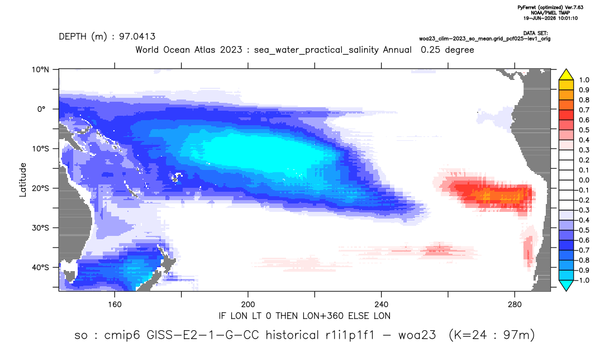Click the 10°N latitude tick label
pyautogui.click(x=40, y=70)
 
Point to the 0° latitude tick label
pyautogui.click(x=41, y=109)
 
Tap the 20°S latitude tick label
pyautogui.click(x=40, y=188)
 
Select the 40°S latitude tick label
pyautogui.click(x=40, y=267)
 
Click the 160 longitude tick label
pyautogui.click(x=115, y=305)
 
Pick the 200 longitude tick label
pyautogui.click(x=248, y=305)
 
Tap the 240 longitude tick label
pyautogui.click(x=381, y=305)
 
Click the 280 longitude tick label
pyautogui.click(x=515, y=305)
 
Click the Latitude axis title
pyautogui.click(x=23, y=180)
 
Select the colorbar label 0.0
pyautogui.click(x=584, y=181)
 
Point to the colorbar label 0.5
pyautogui.click(x=584, y=130)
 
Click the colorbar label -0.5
pyautogui.click(x=582, y=230)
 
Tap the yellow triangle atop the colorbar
pyautogui.click(x=566, y=75)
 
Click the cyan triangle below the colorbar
pyautogui.click(x=566, y=285)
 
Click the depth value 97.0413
pyautogui.click(x=137, y=37)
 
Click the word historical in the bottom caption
pyautogui.click(x=292, y=335)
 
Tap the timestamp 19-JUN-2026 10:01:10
pyautogui.click(x=551, y=18)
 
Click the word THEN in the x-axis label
pyautogui.click(x=287, y=316)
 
